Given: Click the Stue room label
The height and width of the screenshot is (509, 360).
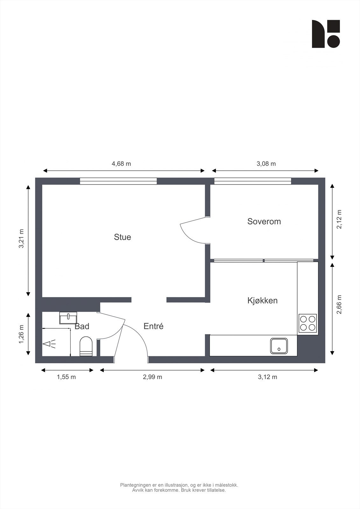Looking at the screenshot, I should coord(123,237).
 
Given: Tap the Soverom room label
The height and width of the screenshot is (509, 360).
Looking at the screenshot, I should coord(264,221).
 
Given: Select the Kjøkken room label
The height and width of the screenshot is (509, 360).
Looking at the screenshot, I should coord(262,300).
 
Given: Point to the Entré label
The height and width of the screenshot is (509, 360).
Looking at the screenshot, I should coord(153,326).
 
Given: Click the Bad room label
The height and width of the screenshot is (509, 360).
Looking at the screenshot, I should coord(82,326).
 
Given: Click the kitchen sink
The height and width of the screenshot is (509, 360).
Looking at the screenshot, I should coord(279,346).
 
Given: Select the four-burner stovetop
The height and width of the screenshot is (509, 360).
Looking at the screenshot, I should coord(307,323).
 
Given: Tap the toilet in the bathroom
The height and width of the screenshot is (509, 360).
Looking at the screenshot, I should coord(86,346).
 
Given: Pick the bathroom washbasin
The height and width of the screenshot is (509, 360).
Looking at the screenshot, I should coord(68,317).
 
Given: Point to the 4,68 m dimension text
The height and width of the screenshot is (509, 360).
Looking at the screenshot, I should coord(121,164).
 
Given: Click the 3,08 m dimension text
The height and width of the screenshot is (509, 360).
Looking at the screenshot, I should coord(266,164).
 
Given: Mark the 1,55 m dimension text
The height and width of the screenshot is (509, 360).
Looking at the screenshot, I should coord(66,377).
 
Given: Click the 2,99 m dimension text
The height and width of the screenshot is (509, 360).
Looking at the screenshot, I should coord(152,377).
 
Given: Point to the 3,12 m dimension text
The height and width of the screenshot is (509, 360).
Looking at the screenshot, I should coord(267,377).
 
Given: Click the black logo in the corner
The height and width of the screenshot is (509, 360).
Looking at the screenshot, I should coord(326,34).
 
